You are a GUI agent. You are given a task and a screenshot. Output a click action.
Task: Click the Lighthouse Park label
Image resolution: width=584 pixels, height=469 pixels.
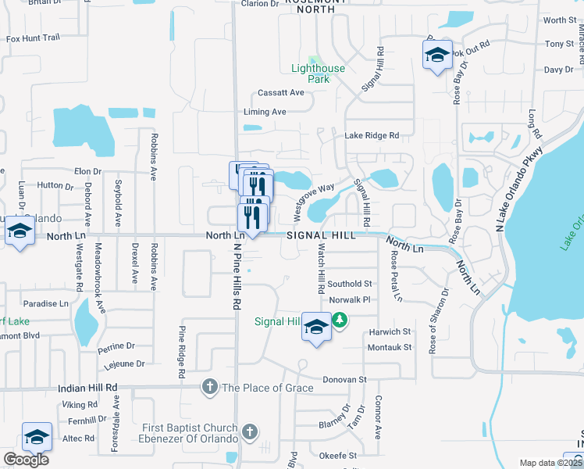[318, 73]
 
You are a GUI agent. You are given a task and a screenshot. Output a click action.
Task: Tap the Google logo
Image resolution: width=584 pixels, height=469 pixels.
[26, 460]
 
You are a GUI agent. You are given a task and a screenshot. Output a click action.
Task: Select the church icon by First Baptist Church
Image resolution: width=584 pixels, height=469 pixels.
[249, 431]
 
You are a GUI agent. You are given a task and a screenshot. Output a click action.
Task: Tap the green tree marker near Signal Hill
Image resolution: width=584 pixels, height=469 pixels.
[340, 319]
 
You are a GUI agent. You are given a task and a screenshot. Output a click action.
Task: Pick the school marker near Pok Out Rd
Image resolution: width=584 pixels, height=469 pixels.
[437, 54]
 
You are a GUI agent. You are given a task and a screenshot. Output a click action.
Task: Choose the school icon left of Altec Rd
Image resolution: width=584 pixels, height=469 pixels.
[37, 437]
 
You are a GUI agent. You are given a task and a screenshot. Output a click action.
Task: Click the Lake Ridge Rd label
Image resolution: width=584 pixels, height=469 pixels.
[372, 135]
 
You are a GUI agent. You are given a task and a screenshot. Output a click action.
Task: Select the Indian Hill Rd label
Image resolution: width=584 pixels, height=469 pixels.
[87, 388]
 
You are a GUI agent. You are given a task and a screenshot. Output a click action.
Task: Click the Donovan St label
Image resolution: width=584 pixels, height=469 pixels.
[345, 379]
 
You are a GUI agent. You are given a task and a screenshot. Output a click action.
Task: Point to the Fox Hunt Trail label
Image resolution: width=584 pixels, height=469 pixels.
[33, 38]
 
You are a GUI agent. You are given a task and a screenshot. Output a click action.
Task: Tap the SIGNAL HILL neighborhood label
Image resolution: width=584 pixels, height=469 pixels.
[320, 235]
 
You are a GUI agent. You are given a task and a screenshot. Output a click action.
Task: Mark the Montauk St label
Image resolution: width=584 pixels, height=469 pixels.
[389, 347]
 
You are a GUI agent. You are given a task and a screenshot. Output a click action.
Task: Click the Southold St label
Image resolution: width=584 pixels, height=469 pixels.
[350, 284]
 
